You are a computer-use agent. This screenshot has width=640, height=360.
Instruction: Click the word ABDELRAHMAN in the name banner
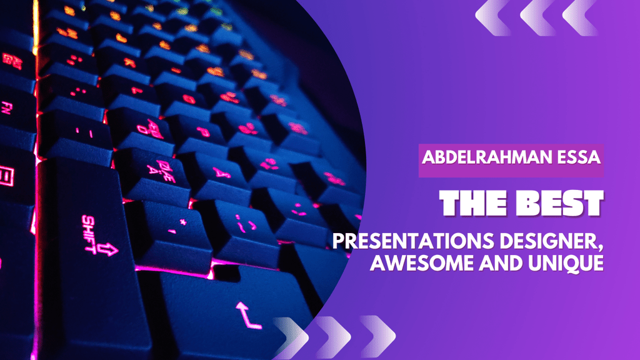pyautogui.click(x=484, y=157)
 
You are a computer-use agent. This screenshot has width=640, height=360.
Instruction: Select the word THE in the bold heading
pyautogui.click(x=473, y=203)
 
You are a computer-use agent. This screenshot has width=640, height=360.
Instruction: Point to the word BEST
pyautogui.click(x=559, y=203)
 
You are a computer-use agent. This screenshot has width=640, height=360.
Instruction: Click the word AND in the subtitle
pyautogui.click(x=501, y=263)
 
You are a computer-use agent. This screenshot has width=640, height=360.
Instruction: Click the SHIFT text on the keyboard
pyautogui.click(x=89, y=234)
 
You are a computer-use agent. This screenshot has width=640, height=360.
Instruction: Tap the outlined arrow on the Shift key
pyautogui.click(x=107, y=249)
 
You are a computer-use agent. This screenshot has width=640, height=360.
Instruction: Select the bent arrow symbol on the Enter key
pyautogui.click(x=247, y=315)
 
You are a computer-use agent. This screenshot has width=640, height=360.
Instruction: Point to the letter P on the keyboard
pyautogui.click(x=203, y=131)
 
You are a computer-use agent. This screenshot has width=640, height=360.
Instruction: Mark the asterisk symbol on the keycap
pyautogui.click(x=183, y=222)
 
